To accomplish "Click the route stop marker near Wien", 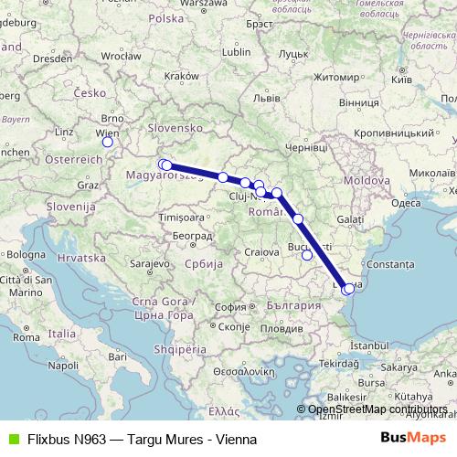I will [x=108, y=142].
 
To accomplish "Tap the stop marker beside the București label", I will [x=307, y=255].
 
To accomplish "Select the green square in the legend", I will [x=11, y=438].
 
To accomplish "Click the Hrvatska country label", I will [x=83, y=259].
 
